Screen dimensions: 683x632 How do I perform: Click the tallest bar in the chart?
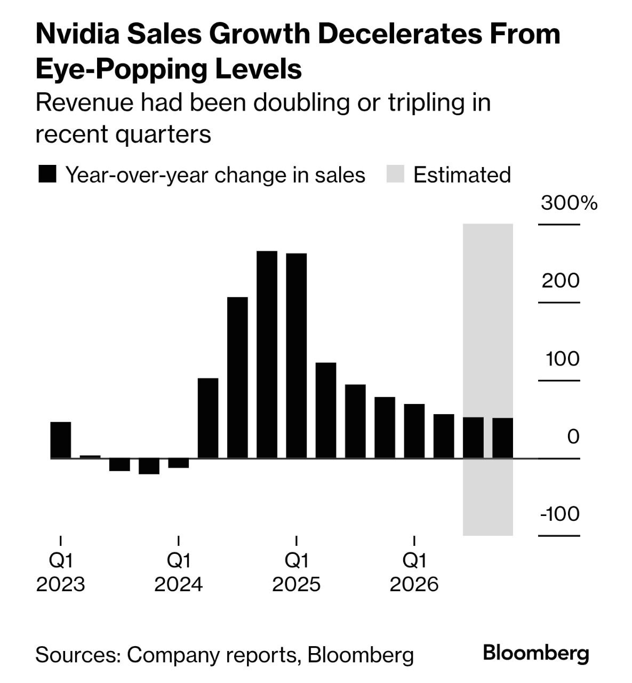click(267, 354)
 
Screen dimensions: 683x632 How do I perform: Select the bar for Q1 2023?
click(61, 440)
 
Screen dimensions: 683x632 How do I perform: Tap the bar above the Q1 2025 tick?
click(297, 355)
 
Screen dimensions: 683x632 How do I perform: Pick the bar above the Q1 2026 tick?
click(414, 431)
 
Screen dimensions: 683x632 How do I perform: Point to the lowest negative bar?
click(149, 466)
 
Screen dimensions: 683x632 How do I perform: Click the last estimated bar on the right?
click(502, 438)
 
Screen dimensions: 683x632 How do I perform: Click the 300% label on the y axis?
click(569, 203)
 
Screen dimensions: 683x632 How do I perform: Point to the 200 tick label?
click(561, 281)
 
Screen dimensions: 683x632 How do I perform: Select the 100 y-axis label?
click(562, 359)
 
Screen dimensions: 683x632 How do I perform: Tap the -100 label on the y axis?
click(559, 514)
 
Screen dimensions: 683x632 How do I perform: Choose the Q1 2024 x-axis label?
click(179, 560)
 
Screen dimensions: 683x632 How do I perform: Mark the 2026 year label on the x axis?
click(414, 584)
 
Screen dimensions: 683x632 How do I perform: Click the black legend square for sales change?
click(47, 175)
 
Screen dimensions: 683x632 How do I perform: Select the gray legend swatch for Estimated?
click(395, 175)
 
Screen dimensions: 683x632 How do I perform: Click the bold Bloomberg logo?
click(536, 653)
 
